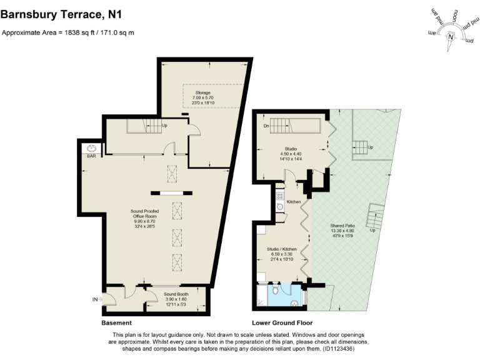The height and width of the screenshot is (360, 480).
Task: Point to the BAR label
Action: tap(91, 156)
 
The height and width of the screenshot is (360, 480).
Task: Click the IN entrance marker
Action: tap(96, 300)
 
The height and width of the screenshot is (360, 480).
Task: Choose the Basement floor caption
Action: tap(116, 323)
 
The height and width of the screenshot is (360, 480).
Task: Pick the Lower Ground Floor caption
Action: tap(277, 323)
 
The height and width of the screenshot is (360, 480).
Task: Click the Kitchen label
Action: tap(294, 202)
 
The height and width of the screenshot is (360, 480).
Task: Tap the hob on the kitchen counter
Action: tap(279, 195)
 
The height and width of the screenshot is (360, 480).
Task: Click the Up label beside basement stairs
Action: tap(164, 126)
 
